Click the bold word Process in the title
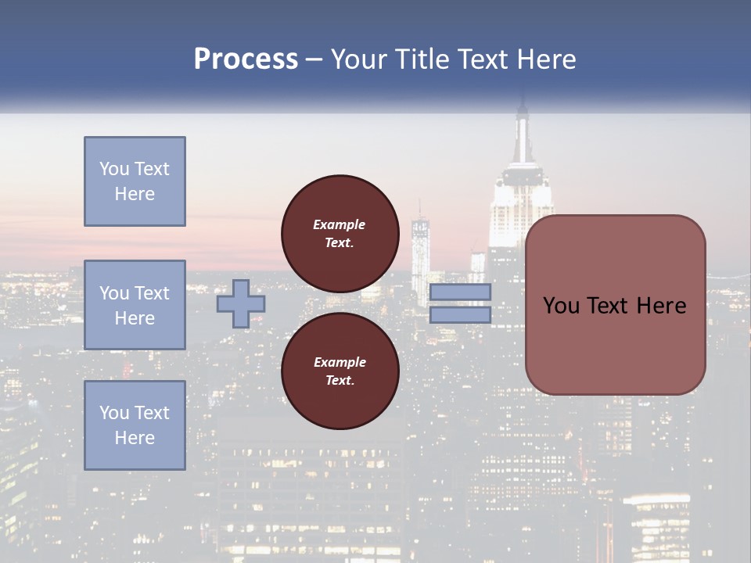pos(246,59)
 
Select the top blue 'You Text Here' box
pos(135,181)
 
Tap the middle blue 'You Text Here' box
pos(135,305)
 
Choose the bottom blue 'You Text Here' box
pos(135,425)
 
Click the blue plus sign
pos(240,304)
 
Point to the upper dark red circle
pos(340,234)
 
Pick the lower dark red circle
pos(340,371)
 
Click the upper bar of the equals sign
pos(460,292)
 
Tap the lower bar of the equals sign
pos(460,314)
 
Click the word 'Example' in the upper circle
pos(340,224)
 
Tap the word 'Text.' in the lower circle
pos(340,381)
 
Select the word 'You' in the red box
pos(561,306)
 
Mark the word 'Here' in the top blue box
pos(135,194)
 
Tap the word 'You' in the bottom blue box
pos(113,413)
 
